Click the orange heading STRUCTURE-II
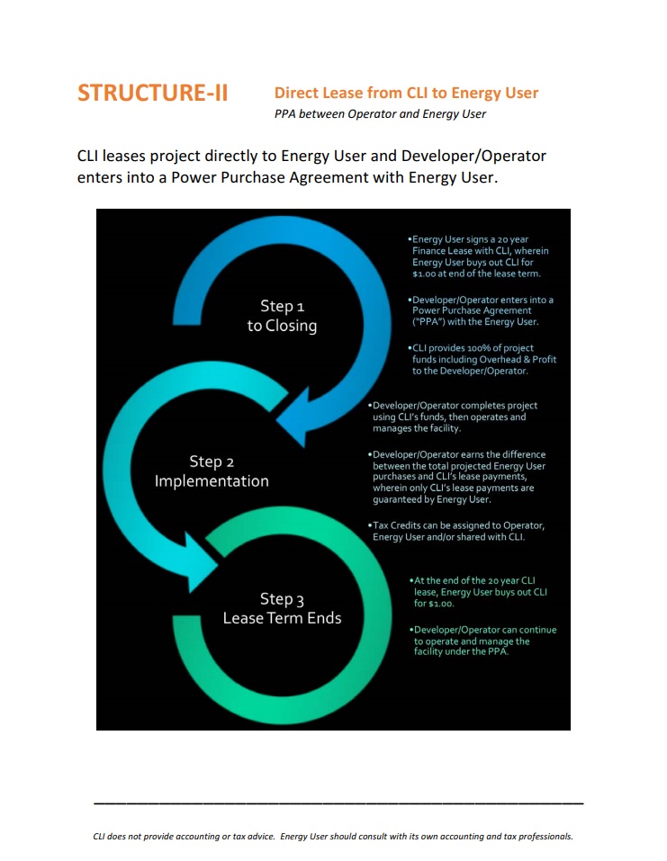coord(152,93)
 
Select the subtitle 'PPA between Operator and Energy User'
coord(380,114)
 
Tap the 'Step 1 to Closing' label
coord(282,316)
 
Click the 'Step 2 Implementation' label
coord(212,471)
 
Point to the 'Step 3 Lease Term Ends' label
coord(282,608)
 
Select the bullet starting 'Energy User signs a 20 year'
coord(478,256)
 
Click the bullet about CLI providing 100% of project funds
coord(482,359)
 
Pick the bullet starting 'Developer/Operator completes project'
coord(452,417)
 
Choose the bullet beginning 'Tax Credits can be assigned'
coord(456,531)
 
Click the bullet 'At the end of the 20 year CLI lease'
coord(478,592)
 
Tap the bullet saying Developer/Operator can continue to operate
coord(483,641)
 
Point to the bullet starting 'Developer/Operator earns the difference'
coord(456,477)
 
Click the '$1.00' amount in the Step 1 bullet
coord(424,274)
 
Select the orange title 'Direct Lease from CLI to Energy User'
coord(406,93)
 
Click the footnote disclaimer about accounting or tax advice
coord(333,837)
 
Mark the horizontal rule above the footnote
coord(338,803)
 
